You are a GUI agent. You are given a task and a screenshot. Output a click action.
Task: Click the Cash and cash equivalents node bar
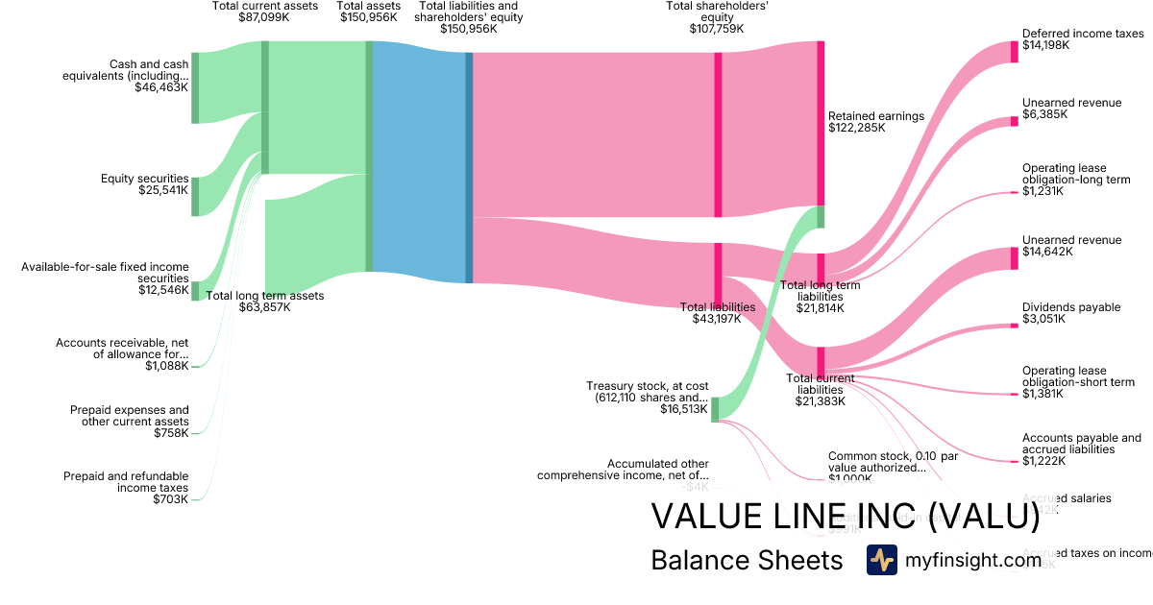pyautogui.click(x=195, y=88)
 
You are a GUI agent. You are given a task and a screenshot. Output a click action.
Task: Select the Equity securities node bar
pyautogui.click(x=195, y=196)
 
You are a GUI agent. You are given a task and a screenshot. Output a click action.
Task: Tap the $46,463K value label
pyautogui.click(x=161, y=87)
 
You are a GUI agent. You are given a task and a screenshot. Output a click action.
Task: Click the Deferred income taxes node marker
pyautogui.click(x=1014, y=52)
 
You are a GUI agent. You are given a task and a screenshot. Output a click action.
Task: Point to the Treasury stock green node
pyautogui.click(x=715, y=409)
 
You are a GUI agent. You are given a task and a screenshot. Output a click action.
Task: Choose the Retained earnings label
pyautogui.click(x=875, y=116)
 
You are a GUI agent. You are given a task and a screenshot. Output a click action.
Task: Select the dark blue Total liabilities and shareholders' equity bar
pyautogui.click(x=469, y=167)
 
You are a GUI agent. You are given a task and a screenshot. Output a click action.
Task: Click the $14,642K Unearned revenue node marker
pyautogui.click(x=1014, y=258)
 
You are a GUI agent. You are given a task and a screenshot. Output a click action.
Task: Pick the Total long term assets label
pyautogui.click(x=265, y=296)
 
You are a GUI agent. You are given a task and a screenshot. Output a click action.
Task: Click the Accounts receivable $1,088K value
pyautogui.click(x=166, y=366)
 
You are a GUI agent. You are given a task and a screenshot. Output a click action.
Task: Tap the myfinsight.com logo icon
pyautogui.click(x=881, y=560)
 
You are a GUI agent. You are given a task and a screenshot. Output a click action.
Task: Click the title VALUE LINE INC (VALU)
pyautogui.click(x=845, y=517)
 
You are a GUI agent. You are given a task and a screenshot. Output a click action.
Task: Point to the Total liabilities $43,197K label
pyautogui.click(x=718, y=313)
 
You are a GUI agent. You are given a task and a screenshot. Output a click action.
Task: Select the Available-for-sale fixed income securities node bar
pyautogui.click(x=195, y=291)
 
